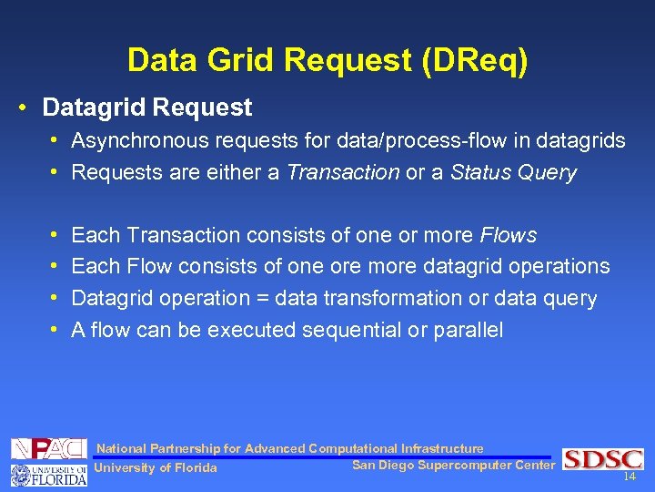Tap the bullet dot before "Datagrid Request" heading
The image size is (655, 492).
tap(22, 108)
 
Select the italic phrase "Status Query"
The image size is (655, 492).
tap(513, 172)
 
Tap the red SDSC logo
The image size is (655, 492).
tap(602, 459)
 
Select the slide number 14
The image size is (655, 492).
tap(629, 477)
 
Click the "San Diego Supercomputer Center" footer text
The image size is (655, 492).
tap(453, 466)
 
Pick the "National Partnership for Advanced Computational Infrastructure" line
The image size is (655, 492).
tap(290, 448)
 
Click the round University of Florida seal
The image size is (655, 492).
tap(19, 475)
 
